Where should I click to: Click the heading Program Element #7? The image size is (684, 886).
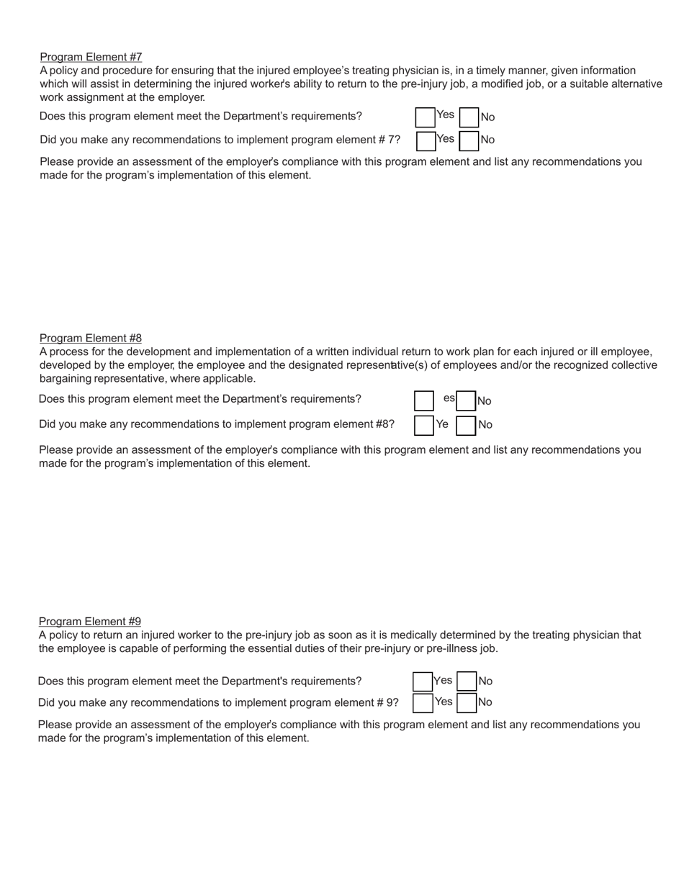(x=91, y=57)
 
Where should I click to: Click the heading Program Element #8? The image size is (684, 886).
(x=90, y=338)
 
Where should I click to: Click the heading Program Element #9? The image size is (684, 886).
(x=89, y=621)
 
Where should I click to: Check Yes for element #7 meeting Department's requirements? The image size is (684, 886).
(x=426, y=117)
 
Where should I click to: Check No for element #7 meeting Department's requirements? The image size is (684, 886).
(x=469, y=117)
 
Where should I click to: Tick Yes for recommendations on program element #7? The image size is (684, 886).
(x=426, y=140)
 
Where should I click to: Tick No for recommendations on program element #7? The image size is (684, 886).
(x=469, y=140)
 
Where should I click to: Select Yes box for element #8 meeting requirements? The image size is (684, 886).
(x=424, y=401)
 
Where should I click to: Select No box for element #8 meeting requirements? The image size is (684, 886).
(x=467, y=401)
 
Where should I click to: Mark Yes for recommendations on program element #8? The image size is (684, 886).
(x=424, y=425)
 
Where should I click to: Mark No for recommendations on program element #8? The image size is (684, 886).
(x=467, y=425)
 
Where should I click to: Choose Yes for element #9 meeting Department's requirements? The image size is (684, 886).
(x=423, y=681)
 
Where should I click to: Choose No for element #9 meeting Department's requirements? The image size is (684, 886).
(x=467, y=681)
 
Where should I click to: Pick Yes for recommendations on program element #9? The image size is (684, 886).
(x=423, y=702)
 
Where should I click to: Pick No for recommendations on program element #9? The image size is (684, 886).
(x=467, y=702)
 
